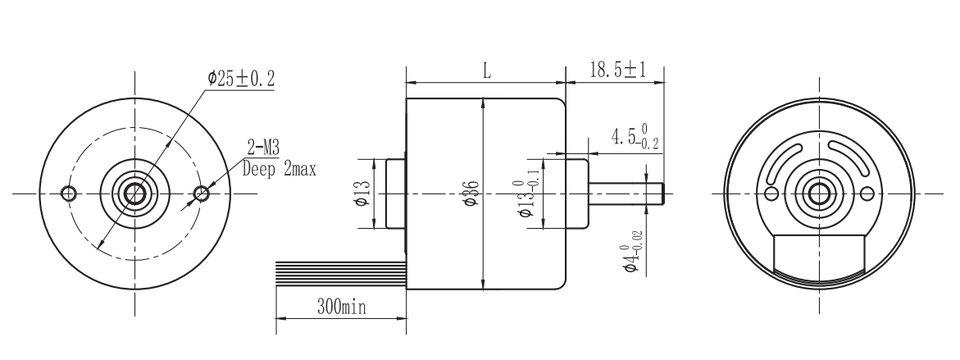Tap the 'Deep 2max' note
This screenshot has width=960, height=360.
pos(280,170)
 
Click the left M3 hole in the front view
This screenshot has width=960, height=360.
pos(69,194)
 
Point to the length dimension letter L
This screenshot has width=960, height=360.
pos(486,71)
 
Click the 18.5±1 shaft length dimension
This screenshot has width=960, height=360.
pos(616,71)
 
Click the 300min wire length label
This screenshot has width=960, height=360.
pos(341,308)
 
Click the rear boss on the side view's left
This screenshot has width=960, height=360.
pos(396,194)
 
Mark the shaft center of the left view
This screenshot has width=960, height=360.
pos(134,194)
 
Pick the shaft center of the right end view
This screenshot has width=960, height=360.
pos(818,194)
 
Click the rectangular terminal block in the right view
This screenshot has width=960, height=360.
pos(819,254)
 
